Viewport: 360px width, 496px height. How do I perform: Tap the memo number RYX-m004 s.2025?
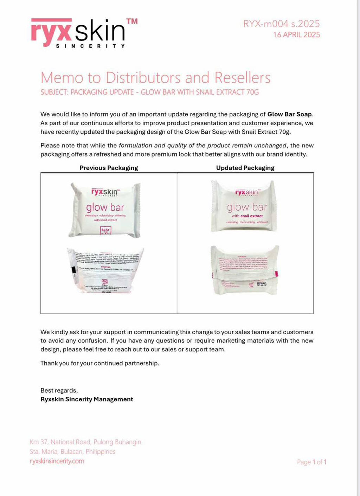(x=281, y=24)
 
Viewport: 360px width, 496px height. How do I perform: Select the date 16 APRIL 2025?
(x=296, y=35)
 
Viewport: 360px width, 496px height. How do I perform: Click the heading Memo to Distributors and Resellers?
(x=155, y=78)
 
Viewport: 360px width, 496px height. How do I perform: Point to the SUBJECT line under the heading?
(x=149, y=92)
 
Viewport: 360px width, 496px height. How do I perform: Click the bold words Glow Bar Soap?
(x=289, y=114)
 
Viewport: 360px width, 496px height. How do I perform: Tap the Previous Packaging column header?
(x=109, y=168)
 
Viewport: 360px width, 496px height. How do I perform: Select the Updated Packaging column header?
(x=245, y=168)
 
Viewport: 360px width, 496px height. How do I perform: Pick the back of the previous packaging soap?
(x=105, y=271)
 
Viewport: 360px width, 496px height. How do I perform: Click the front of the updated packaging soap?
(x=244, y=206)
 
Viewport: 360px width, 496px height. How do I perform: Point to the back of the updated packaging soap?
(x=245, y=270)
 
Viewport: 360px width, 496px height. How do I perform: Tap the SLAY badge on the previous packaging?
(x=105, y=231)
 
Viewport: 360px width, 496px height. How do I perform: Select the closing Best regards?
(x=59, y=390)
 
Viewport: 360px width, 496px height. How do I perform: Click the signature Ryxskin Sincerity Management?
(x=87, y=399)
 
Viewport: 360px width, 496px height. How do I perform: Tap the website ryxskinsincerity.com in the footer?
(x=57, y=461)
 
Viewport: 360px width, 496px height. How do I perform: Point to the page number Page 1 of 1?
(x=311, y=462)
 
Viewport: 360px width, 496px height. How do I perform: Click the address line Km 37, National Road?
(x=85, y=442)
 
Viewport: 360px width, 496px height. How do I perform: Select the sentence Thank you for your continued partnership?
(x=100, y=363)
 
